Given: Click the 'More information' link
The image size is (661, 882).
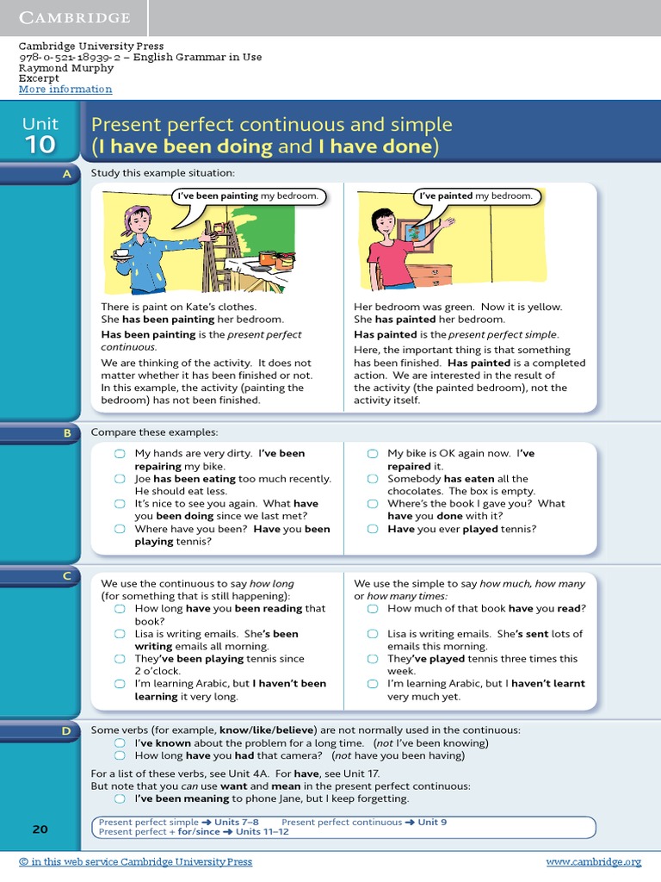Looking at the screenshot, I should pos(65,90).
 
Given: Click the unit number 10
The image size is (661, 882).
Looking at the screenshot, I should pos(40,145).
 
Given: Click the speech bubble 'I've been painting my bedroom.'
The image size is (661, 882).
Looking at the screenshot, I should pos(248,196).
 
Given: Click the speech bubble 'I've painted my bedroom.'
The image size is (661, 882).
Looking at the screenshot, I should pos(475,196).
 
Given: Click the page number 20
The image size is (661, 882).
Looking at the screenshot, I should pos(40,829).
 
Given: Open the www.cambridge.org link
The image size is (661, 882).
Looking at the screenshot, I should pos(594,861).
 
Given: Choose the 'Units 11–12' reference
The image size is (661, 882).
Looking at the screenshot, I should pos(262,832).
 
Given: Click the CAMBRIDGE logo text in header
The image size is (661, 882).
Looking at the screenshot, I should pos(74,18).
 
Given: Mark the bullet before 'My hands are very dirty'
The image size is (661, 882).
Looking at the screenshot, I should pos(120,454).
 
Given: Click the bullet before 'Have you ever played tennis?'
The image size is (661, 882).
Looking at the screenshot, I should pos(373,530).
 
